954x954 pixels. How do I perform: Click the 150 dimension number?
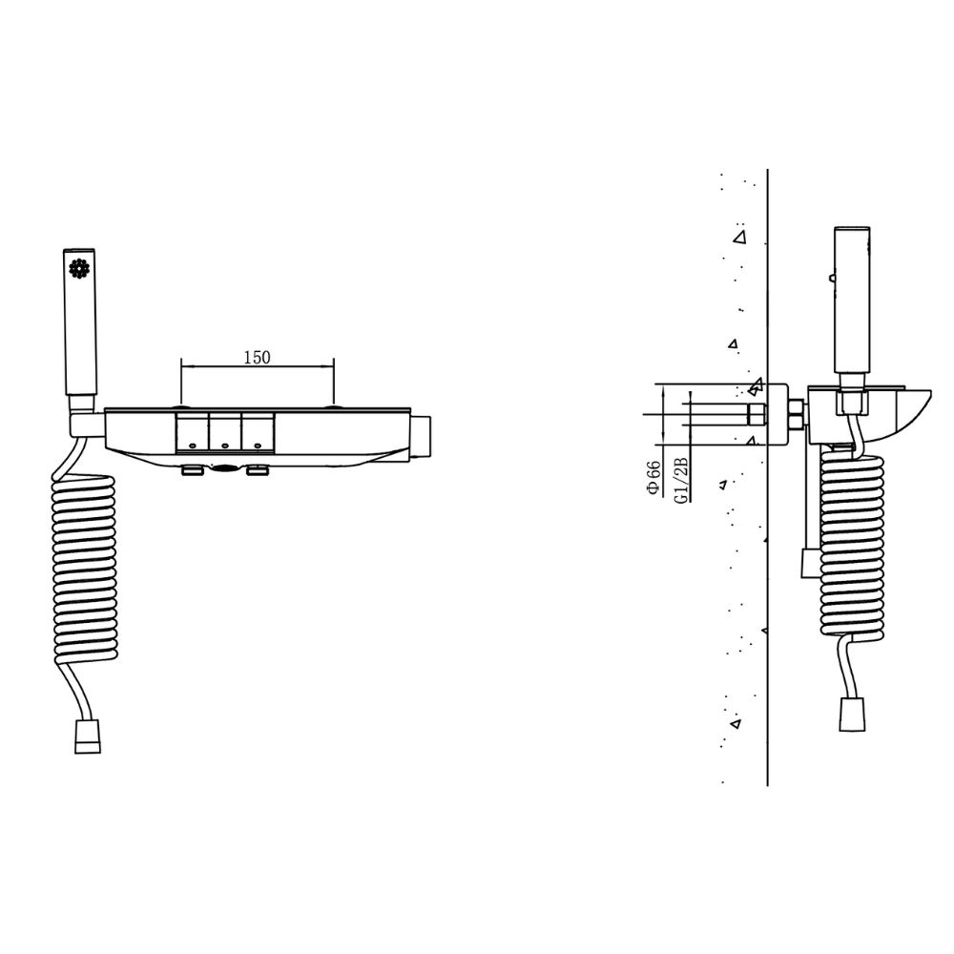click(x=257, y=358)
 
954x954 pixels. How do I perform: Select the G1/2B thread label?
click(x=680, y=479)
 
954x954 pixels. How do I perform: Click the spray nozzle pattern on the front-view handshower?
click(x=79, y=268)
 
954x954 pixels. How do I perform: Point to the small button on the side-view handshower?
click(x=833, y=279)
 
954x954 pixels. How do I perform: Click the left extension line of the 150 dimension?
click(x=181, y=382)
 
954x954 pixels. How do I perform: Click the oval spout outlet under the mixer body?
click(x=225, y=467)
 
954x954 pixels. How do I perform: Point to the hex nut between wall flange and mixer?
click(x=795, y=418)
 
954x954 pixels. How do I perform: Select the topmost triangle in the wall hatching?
click(x=739, y=237)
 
